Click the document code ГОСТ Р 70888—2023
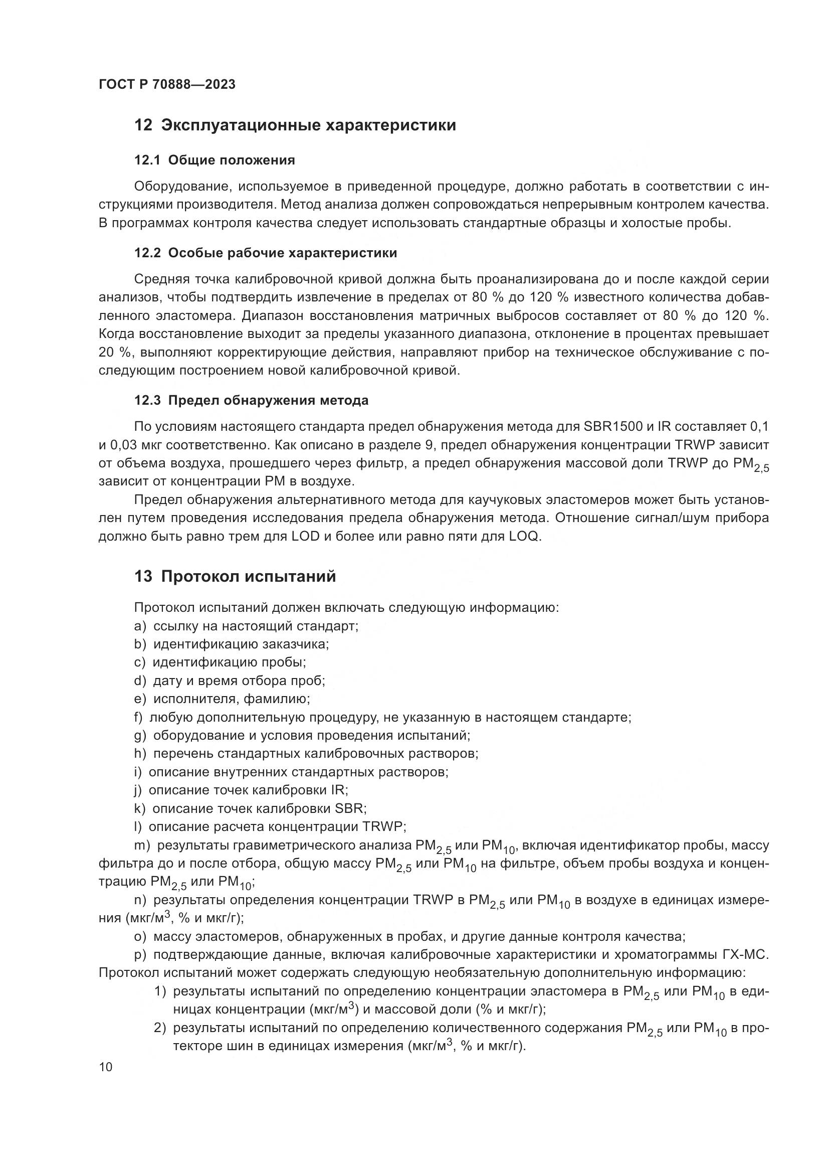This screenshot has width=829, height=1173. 167,85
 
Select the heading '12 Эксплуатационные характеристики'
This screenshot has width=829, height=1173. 295,125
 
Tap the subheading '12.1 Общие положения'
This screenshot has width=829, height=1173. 215,160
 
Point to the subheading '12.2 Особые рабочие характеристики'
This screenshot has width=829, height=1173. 266,253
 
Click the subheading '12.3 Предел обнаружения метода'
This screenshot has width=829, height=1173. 251,401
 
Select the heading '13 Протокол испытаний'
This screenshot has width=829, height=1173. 235,576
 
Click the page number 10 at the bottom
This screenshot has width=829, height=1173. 106,1067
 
